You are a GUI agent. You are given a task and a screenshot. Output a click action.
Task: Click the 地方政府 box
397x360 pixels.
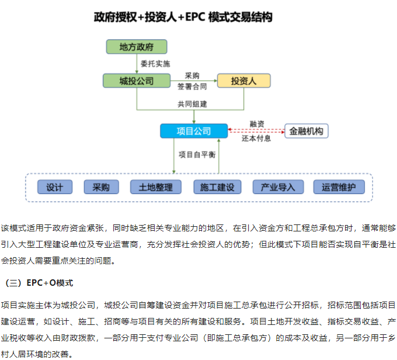[136, 47]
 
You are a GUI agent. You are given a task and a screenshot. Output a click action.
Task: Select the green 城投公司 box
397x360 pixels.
[136, 81]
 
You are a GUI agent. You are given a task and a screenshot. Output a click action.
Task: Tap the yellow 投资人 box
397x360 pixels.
[243, 81]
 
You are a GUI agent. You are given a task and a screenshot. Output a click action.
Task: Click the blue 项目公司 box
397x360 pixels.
[193, 131]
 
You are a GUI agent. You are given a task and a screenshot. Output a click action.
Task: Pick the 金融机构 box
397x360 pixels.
[306, 131]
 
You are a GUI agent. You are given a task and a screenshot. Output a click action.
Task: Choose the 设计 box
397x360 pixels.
[55, 187]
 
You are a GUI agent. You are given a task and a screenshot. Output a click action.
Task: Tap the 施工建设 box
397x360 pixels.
[217, 187]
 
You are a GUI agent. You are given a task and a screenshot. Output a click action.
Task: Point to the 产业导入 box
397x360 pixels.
[278, 187]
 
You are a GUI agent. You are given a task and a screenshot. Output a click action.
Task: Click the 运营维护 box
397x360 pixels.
[339, 187]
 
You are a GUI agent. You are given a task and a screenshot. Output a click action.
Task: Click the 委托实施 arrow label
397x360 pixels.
[155, 63]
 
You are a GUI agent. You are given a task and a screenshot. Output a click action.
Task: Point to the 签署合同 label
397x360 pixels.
[192, 86]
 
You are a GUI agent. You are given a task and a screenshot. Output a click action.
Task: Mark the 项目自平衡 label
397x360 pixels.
[197, 154]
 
